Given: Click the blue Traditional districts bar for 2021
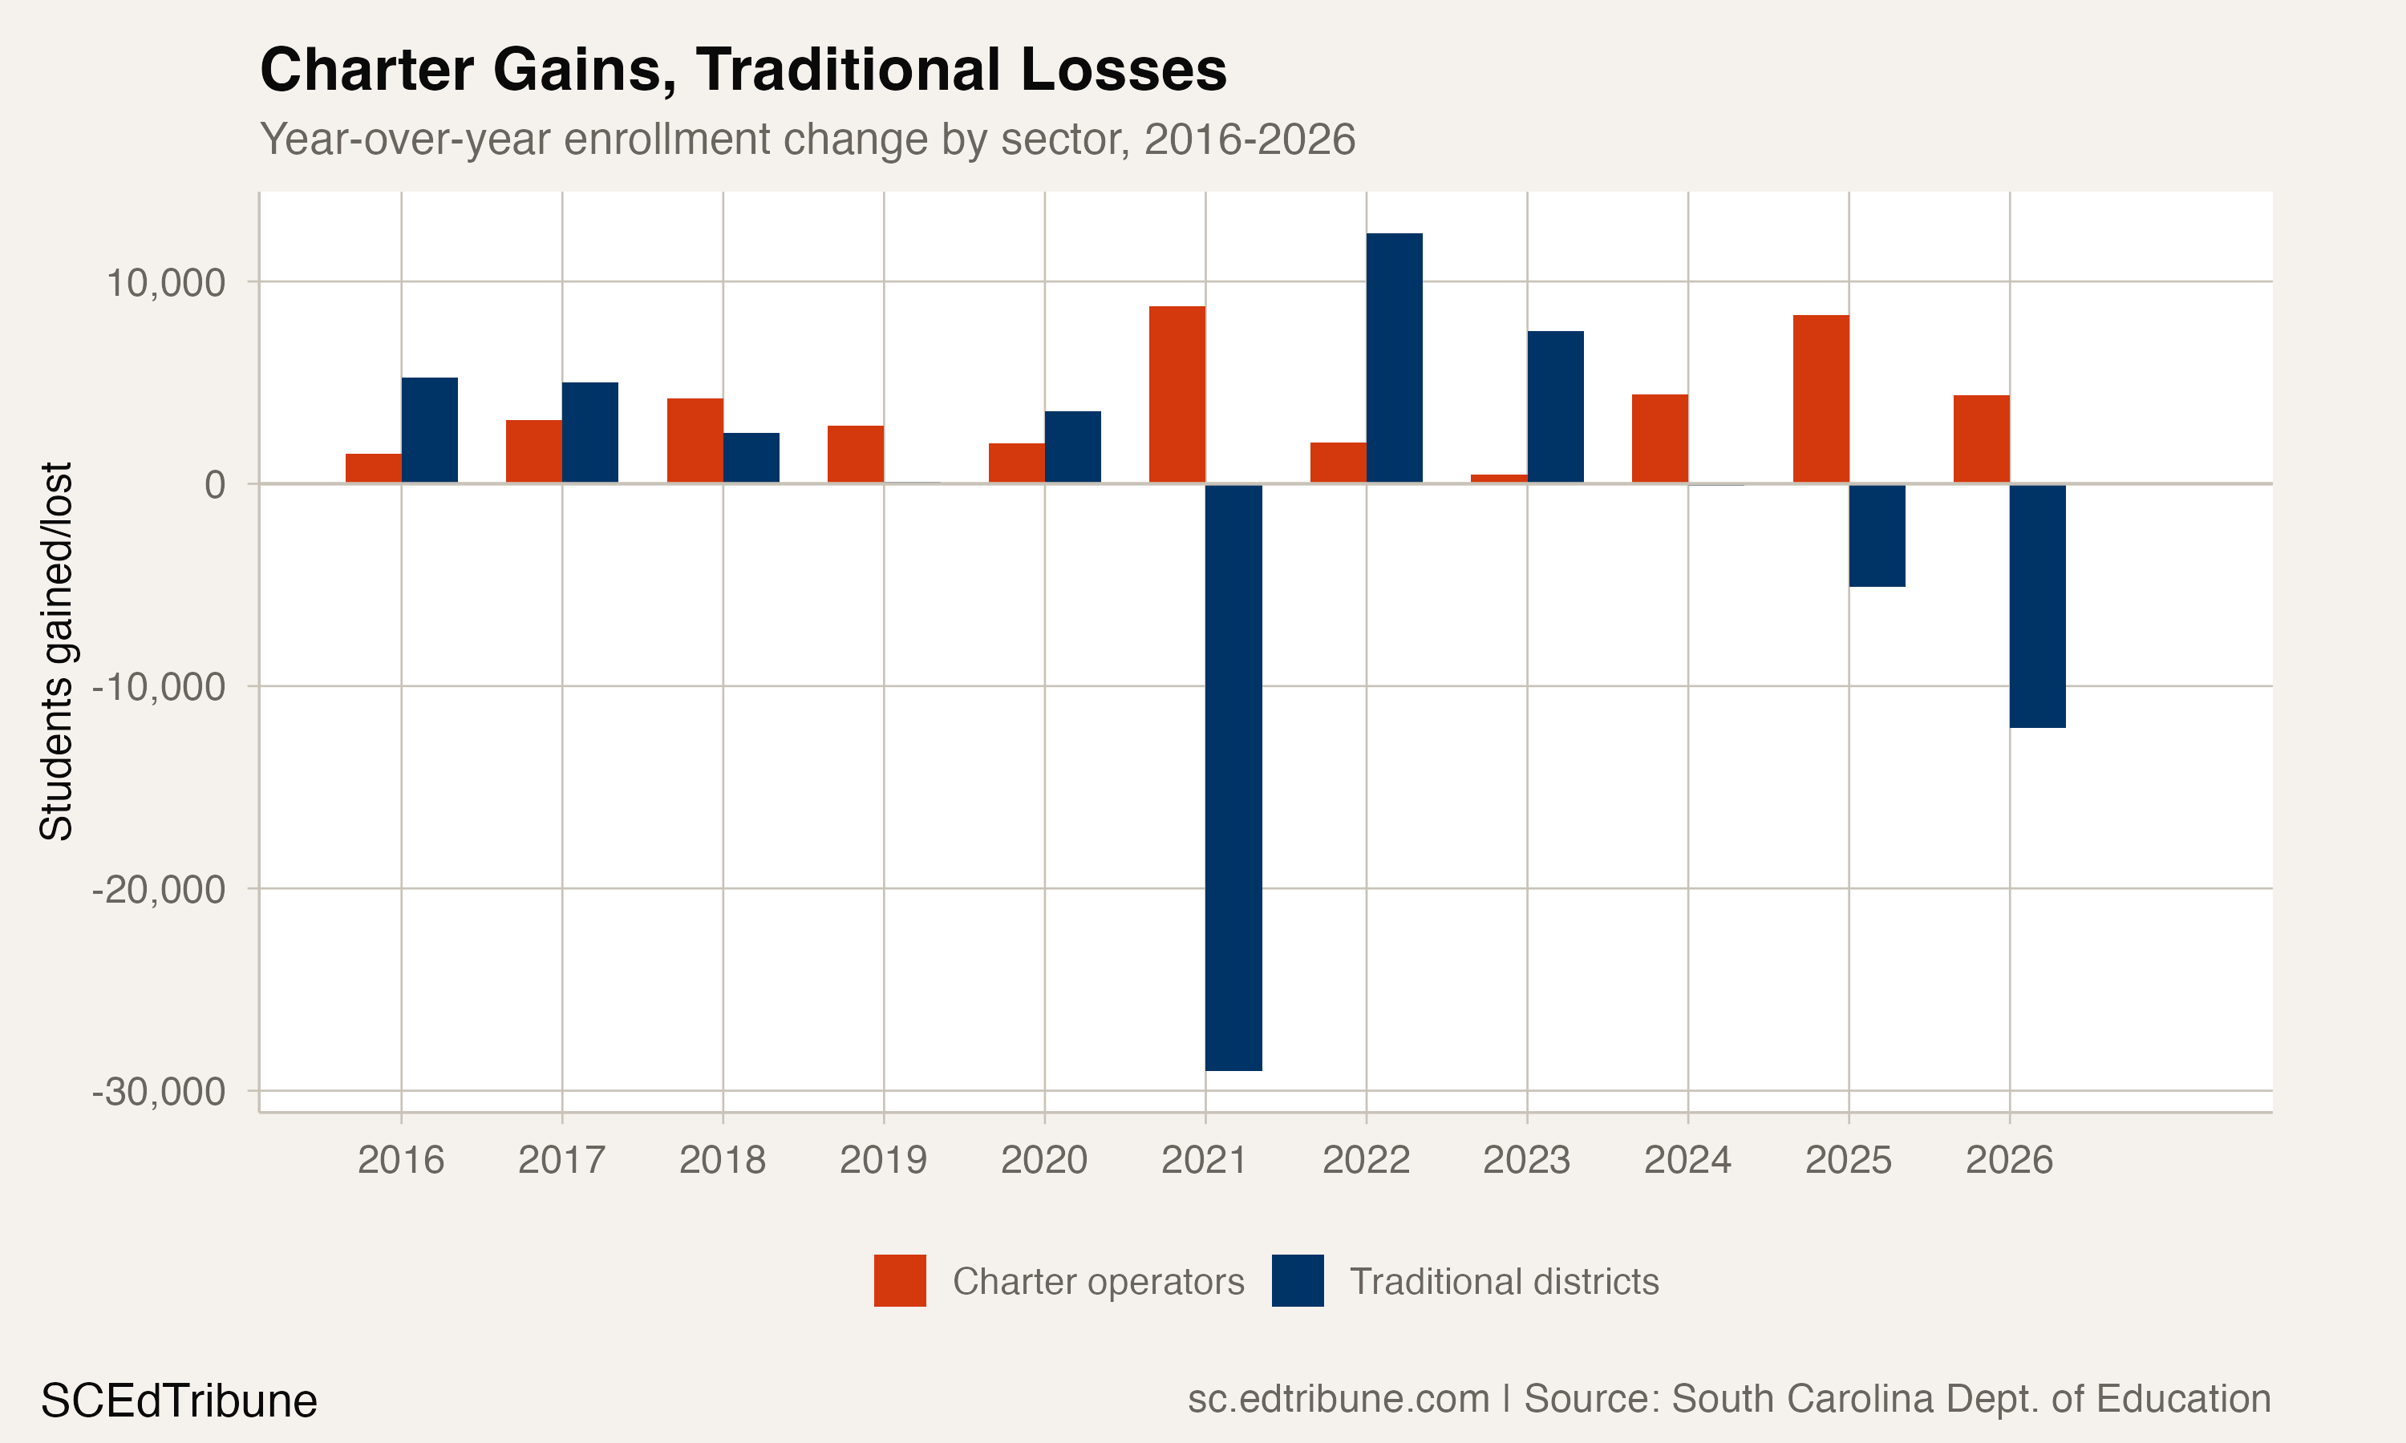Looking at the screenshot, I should (1233, 777).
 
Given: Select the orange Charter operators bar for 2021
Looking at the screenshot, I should (1177, 394).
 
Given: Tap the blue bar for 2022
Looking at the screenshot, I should (1394, 358).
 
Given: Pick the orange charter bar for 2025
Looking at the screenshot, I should (1821, 398).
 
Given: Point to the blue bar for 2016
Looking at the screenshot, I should (429, 430).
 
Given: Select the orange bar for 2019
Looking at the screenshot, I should (855, 454).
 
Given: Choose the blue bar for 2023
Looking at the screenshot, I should (1555, 407).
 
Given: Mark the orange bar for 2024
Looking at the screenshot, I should (1659, 439).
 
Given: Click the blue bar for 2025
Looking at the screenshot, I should (1877, 535).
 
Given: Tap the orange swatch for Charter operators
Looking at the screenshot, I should (900, 1280).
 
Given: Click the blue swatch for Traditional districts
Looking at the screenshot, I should (1298, 1280).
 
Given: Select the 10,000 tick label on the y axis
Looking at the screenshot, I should (165, 283).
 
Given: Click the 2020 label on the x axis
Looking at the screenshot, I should (1043, 1160).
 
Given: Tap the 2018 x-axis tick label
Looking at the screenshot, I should (722, 1160).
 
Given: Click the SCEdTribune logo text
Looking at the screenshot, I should (179, 1401).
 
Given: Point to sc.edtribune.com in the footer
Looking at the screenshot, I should (1339, 1399).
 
